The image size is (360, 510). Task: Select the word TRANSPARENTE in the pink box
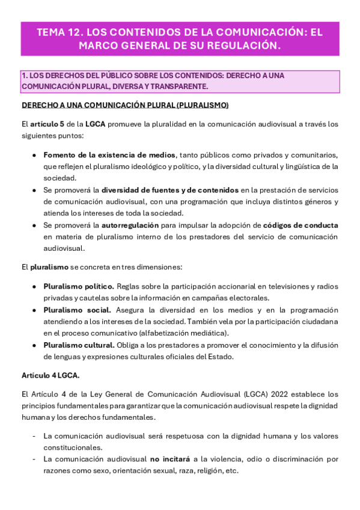180,87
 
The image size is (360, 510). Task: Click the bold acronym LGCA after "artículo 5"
94,124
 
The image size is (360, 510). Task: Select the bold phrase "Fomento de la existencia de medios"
110,155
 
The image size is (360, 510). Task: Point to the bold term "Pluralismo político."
78,286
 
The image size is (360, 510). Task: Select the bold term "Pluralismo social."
77,310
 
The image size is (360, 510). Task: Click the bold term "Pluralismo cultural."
79,345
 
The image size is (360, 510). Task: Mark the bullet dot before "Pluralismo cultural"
34,345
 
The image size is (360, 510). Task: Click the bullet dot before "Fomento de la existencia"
34,156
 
